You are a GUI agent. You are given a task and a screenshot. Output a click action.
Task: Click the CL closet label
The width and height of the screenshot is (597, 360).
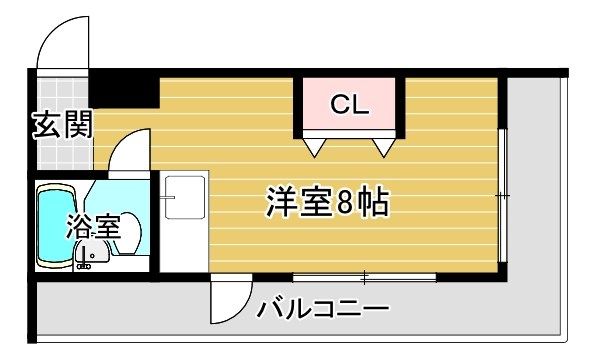click(350, 104)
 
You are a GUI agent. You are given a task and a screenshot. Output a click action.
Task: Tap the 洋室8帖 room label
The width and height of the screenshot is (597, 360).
click(327, 202)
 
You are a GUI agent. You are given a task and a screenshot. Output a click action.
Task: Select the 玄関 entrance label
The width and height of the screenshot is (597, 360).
click(62, 124)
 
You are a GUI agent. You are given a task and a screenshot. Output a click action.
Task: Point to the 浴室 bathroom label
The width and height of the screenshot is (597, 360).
click(93, 227)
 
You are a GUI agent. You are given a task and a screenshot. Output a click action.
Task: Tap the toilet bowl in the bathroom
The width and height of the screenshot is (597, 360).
click(128, 233)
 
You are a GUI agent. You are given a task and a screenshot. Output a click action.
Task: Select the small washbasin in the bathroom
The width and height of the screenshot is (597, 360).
click(93, 254)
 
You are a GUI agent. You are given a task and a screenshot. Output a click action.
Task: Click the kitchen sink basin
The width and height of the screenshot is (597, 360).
click(185, 197)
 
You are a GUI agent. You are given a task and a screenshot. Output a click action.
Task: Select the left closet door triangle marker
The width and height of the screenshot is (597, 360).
click(315, 147)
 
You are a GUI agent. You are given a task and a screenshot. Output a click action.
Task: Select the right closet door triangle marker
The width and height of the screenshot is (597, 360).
click(383, 147)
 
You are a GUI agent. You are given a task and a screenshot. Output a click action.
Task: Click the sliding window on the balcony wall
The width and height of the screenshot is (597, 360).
click(364, 277)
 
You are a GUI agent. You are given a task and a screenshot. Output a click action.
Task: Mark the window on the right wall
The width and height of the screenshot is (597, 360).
click(503, 196)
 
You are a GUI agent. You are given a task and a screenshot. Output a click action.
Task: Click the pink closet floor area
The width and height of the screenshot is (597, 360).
click(349, 104)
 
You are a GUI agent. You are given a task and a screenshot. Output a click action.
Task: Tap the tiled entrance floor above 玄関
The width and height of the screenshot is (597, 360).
click(63, 94)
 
